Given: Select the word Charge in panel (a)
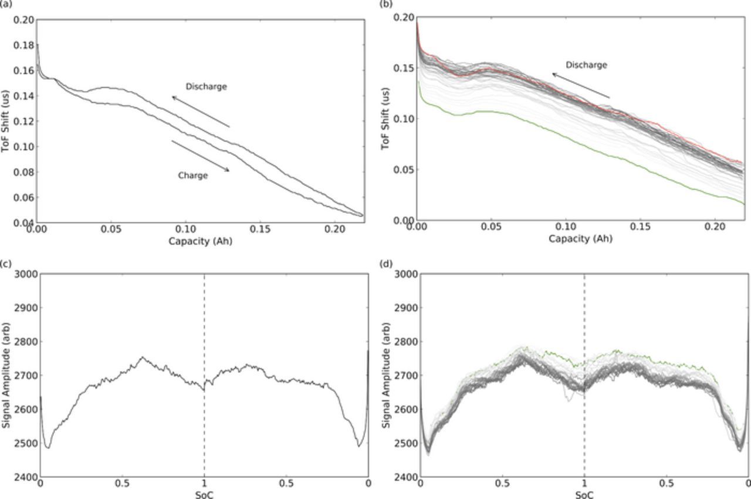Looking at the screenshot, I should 193,175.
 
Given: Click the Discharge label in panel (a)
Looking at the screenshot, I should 206,86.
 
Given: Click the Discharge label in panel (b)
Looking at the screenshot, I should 586,65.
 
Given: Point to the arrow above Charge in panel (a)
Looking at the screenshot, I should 200,156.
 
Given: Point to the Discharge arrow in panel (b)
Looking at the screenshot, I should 581,86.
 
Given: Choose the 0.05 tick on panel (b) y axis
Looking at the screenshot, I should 404,170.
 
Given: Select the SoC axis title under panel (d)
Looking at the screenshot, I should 584,494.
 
